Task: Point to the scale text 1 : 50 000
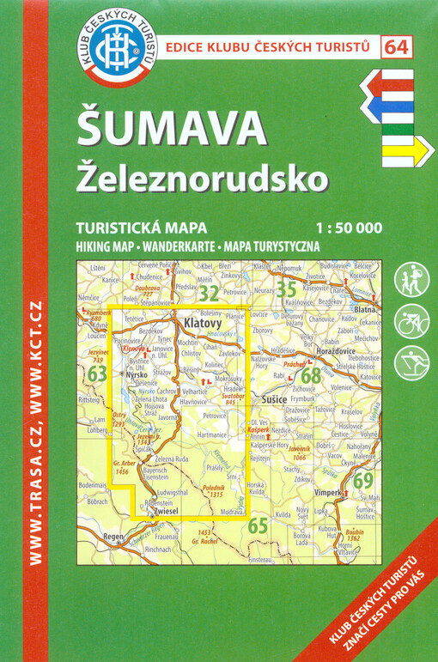click(x=349, y=228)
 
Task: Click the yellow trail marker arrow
click(x=403, y=152)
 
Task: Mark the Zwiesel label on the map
click(x=166, y=512)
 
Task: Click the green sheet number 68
click(x=311, y=375)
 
